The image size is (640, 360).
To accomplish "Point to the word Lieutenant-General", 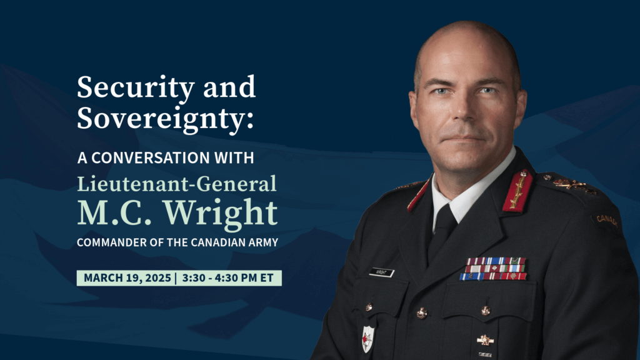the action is [177, 184].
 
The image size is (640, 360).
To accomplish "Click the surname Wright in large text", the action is [221, 212].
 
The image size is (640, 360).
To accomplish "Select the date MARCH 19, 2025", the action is [127, 278].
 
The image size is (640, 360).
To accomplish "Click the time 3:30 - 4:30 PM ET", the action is [227, 278].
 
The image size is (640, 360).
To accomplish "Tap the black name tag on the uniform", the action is [381, 272].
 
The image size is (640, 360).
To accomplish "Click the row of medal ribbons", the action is [493, 269].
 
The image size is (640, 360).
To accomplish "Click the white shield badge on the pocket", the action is [367, 339].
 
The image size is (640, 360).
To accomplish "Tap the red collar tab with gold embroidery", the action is [517, 191].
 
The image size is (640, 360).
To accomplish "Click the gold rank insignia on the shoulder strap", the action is [571, 185].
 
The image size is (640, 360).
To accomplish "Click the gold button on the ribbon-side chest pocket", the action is [485, 311].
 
